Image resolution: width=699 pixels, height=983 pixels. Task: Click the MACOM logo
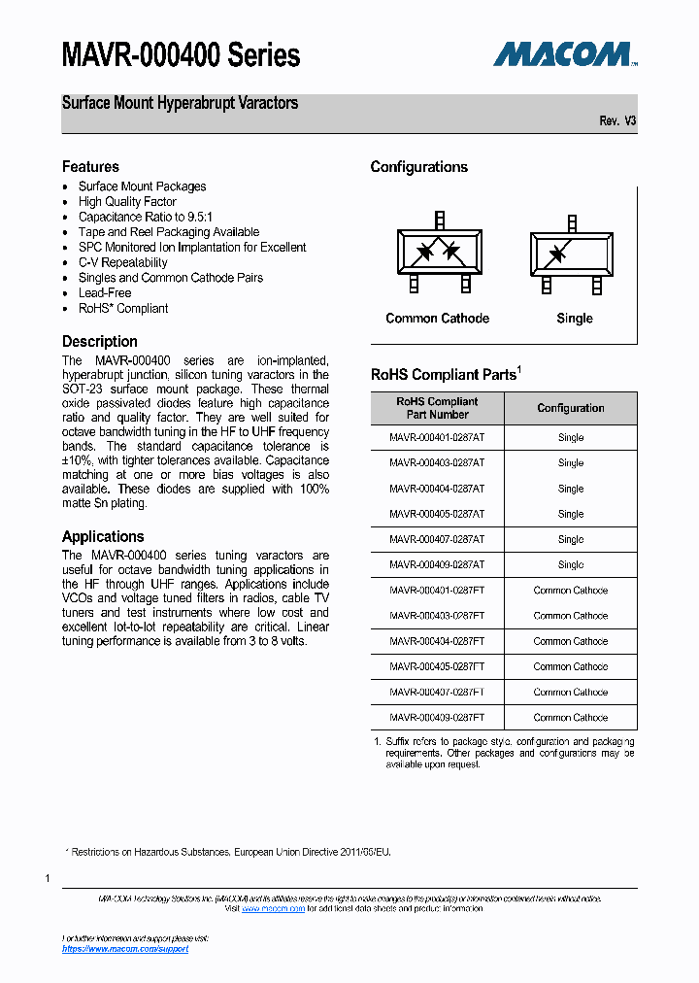(564, 53)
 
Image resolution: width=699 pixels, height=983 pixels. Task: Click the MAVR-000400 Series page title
(181, 55)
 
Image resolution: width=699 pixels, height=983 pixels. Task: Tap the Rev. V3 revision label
(617, 121)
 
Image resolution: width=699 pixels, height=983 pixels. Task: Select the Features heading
(90, 167)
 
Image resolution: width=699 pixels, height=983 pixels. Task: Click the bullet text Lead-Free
(105, 292)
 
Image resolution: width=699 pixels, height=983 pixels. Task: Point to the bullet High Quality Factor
(127, 202)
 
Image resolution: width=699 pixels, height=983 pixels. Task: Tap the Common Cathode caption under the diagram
(437, 319)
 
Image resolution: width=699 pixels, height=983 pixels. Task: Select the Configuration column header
(571, 408)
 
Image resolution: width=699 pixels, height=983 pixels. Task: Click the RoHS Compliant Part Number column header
(437, 408)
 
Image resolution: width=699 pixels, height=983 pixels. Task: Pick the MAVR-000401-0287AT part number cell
(437, 438)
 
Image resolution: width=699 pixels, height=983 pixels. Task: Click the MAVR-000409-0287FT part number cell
(437, 718)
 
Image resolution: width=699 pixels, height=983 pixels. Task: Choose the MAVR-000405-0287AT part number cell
(437, 514)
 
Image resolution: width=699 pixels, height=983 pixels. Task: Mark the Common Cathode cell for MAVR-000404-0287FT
(571, 641)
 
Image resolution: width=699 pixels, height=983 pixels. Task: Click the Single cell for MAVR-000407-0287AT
(571, 540)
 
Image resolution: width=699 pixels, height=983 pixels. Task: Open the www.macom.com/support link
(125, 949)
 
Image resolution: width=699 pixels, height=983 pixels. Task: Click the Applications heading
(103, 536)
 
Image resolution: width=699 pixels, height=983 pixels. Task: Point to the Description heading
(100, 342)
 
